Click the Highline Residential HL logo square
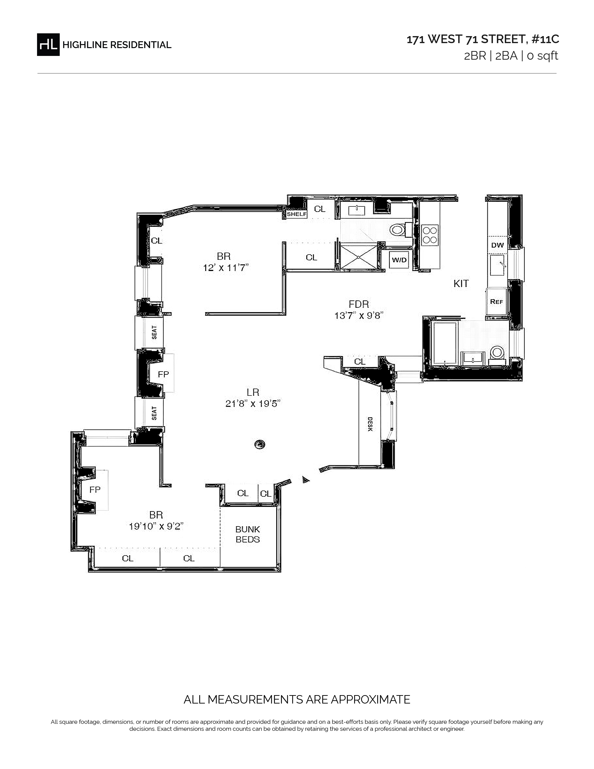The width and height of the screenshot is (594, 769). pyautogui.click(x=48, y=44)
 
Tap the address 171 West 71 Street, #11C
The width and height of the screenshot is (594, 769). pyautogui.click(x=483, y=39)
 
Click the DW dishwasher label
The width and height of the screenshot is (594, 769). pyautogui.click(x=498, y=245)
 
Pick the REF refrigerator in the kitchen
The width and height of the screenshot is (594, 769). pyautogui.click(x=497, y=301)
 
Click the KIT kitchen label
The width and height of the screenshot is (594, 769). pyautogui.click(x=461, y=283)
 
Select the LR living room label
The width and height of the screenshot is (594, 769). pyautogui.click(x=253, y=392)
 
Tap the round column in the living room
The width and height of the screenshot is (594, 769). pyautogui.click(x=260, y=444)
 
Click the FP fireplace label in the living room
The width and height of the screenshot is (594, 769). pyautogui.click(x=163, y=374)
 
